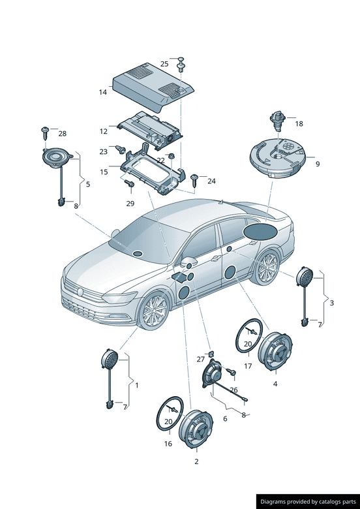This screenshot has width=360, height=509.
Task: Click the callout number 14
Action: pos(102,92)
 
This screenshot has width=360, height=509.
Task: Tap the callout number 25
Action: pos(164,64)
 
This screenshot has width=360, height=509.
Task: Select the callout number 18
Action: pos(299,124)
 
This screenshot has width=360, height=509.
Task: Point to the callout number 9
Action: pos(318,164)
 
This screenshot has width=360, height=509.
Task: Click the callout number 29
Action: pos(130,204)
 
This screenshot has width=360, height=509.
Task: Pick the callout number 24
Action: pos(211,181)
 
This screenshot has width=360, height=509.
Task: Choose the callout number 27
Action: pos(201,359)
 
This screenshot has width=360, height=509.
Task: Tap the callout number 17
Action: pos(248,366)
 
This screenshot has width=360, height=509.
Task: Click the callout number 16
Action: pos(168,444)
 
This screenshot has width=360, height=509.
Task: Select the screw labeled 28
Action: pos(45,132)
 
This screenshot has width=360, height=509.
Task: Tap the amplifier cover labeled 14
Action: pos(153,86)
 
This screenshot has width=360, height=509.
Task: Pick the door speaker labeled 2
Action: pos(196,429)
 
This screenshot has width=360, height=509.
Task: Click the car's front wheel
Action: pos(154,310)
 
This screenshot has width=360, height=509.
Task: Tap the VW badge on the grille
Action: pos(80,292)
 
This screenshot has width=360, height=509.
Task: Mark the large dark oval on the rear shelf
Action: pos(260,232)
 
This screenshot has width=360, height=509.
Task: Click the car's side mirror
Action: pos(189,261)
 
